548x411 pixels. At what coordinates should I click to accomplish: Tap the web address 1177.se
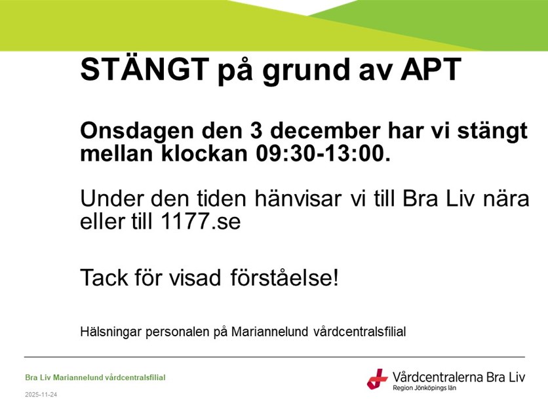pos(201,221)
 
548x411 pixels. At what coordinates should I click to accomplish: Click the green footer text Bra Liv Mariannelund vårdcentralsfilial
pos(95,377)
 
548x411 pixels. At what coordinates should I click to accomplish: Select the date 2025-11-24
pos(41,395)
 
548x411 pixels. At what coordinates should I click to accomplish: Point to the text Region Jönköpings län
pos(424,388)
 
